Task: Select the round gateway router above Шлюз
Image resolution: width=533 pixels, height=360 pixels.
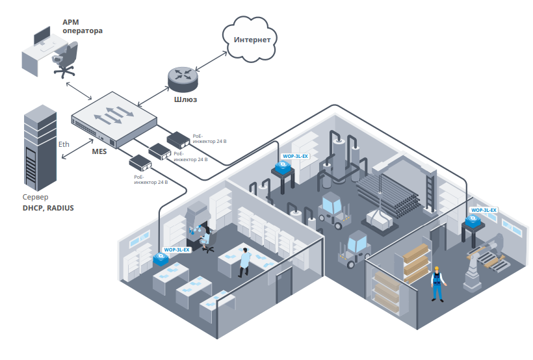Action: (183, 77)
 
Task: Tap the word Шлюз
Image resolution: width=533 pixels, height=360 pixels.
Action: (185, 99)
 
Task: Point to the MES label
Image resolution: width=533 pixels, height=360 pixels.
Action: (99, 151)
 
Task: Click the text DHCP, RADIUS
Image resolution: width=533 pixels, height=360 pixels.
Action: (48, 208)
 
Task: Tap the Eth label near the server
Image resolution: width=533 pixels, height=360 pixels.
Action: (64, 144)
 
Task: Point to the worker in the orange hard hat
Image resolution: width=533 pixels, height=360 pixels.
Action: (437, 283)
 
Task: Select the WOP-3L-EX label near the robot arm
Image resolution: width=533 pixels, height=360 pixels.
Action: (483, 211)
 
